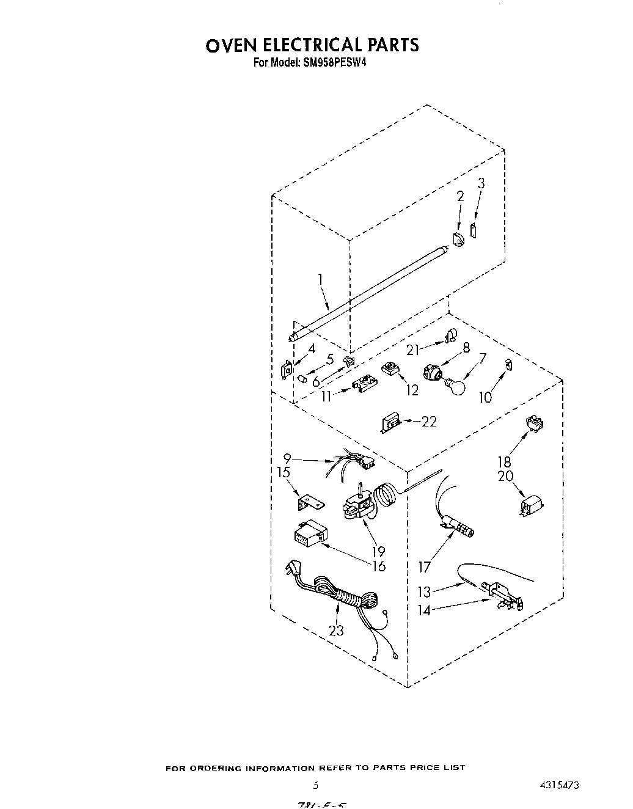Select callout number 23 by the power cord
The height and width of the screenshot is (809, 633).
point(336,630)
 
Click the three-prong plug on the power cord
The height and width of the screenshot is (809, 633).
point(291,571)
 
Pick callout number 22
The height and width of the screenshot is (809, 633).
point(430,421)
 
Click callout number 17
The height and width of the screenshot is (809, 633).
point(424,567)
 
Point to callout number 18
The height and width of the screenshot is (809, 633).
point(504,462)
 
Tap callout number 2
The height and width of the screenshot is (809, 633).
point(460,196)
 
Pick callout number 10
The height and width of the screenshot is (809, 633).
point(485,397)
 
